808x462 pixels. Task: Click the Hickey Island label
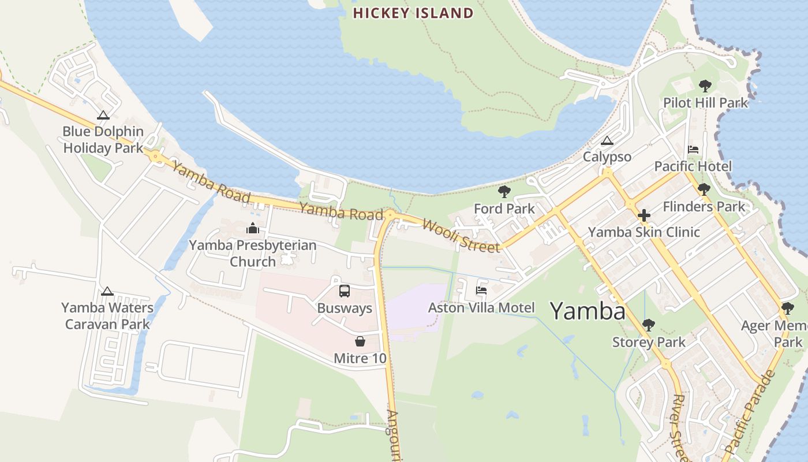(x=413, y=13)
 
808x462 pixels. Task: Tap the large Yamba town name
(x=587, y=311)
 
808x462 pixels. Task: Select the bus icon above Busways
(x=345, y=291)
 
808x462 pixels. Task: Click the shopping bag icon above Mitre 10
(x=360, y=341)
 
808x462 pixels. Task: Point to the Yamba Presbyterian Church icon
(x=253, y=228)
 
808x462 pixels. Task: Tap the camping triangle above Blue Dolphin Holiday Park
(x=103, y=115)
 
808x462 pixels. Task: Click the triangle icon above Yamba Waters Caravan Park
(x=107, y=291)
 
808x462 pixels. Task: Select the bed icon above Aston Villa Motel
(x=481, y=290)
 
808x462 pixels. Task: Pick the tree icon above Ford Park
(x=504, y=192)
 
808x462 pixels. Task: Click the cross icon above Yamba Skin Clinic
(x=644, y=215)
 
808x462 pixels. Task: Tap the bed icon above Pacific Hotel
(x=693, y=150)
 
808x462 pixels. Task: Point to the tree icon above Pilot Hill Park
(x=705, y=86)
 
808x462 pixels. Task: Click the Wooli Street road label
(x=461, y=235)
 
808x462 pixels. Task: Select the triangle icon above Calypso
(x=607, y=140)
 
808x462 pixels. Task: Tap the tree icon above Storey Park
(x=649, y=325)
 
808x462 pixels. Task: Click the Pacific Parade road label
(x=750, y=411)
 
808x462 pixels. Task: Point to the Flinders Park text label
(x=704, y=207)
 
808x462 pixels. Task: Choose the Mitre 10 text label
(x=360, y=359)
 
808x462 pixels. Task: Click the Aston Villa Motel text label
(x=481, y=308)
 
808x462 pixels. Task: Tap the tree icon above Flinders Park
(x=704, y=189)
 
